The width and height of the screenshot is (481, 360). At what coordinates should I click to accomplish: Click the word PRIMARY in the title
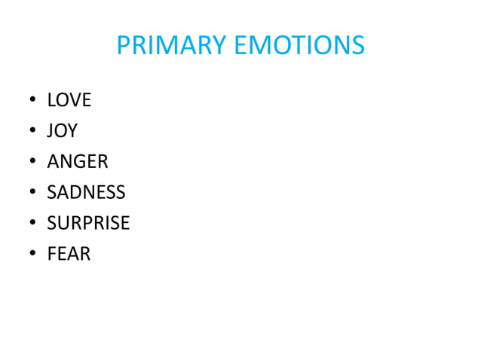(172, 46)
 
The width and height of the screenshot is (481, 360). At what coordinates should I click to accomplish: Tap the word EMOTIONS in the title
(299, 46)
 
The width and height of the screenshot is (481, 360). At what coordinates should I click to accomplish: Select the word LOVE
(69, 100)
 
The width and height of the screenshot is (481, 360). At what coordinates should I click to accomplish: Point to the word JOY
(62, 131)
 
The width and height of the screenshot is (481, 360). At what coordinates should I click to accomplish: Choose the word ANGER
(78, 162)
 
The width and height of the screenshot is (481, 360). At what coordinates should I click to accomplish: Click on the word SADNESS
(86, 193)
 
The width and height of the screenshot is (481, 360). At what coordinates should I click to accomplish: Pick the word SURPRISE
(88, 224)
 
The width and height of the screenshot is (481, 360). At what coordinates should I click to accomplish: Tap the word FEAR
(69, 255)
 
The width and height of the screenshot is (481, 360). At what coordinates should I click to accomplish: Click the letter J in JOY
(50, 132)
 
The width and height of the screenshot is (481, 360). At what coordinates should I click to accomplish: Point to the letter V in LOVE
(75, 100)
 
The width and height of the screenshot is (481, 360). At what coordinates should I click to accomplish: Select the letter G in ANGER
(81, 162)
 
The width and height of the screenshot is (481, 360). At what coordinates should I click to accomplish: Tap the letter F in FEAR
(51, 255)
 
